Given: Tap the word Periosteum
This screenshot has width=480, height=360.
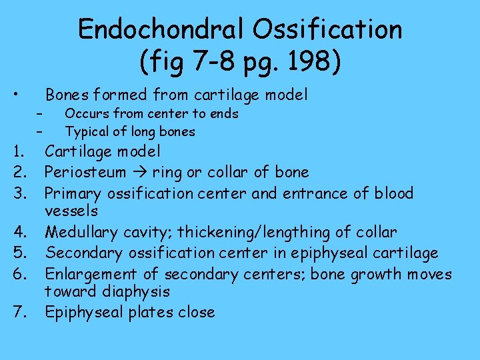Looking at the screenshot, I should (85, 172).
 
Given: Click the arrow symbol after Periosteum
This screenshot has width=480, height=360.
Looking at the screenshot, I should (139, 172).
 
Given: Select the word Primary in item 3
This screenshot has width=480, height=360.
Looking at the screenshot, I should (73, 193).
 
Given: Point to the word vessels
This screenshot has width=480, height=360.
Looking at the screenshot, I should (71, 211).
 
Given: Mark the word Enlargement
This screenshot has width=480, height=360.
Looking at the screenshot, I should (91, 274).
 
